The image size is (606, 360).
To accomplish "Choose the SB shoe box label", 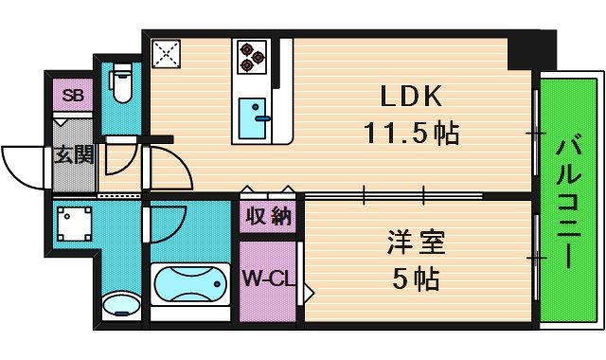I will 72,95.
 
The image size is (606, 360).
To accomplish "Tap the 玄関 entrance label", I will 72,155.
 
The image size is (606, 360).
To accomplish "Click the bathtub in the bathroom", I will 190,287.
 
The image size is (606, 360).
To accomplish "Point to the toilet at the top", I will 120,85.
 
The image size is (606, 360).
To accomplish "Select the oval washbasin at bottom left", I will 119,305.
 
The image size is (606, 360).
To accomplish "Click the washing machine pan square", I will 73,224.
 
